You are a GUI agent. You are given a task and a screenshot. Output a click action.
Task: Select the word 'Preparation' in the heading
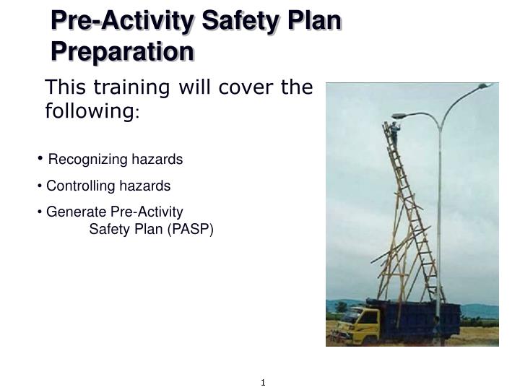tap(121, 51)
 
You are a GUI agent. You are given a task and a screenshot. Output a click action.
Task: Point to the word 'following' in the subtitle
tap(87, 111)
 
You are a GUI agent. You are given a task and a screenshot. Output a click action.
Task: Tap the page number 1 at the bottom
tap(263, 382)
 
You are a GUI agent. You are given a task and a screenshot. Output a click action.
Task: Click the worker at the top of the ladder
tap(394, 132)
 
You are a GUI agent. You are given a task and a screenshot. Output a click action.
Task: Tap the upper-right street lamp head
tap(485, 86)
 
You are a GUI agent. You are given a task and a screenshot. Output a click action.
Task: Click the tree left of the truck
tap(340, 307)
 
